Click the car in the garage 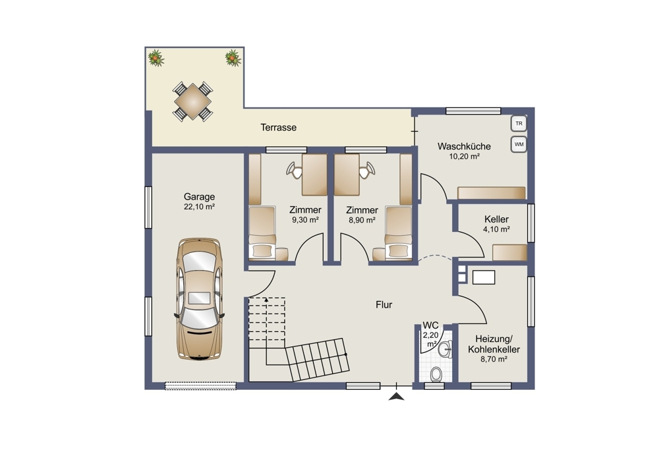pos(199,299)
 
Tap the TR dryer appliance pos(519,124)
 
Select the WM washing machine pos(519,144)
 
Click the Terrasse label pos(278,127)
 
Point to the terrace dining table pos(192,101)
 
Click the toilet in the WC pos(436,373)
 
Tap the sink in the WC pos(445,349)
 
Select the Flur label pos(384,305)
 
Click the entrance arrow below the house pos(396,397)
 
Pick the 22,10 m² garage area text pos(199,207)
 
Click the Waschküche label pos(464,146)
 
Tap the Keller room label pos(496,219)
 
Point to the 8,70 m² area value pos(494,359)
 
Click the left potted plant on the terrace pos(156,58)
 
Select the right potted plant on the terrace pos(233,58)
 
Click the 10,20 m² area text pos(465,157)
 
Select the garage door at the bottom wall pos(200,386)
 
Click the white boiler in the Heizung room pos(484,277)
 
